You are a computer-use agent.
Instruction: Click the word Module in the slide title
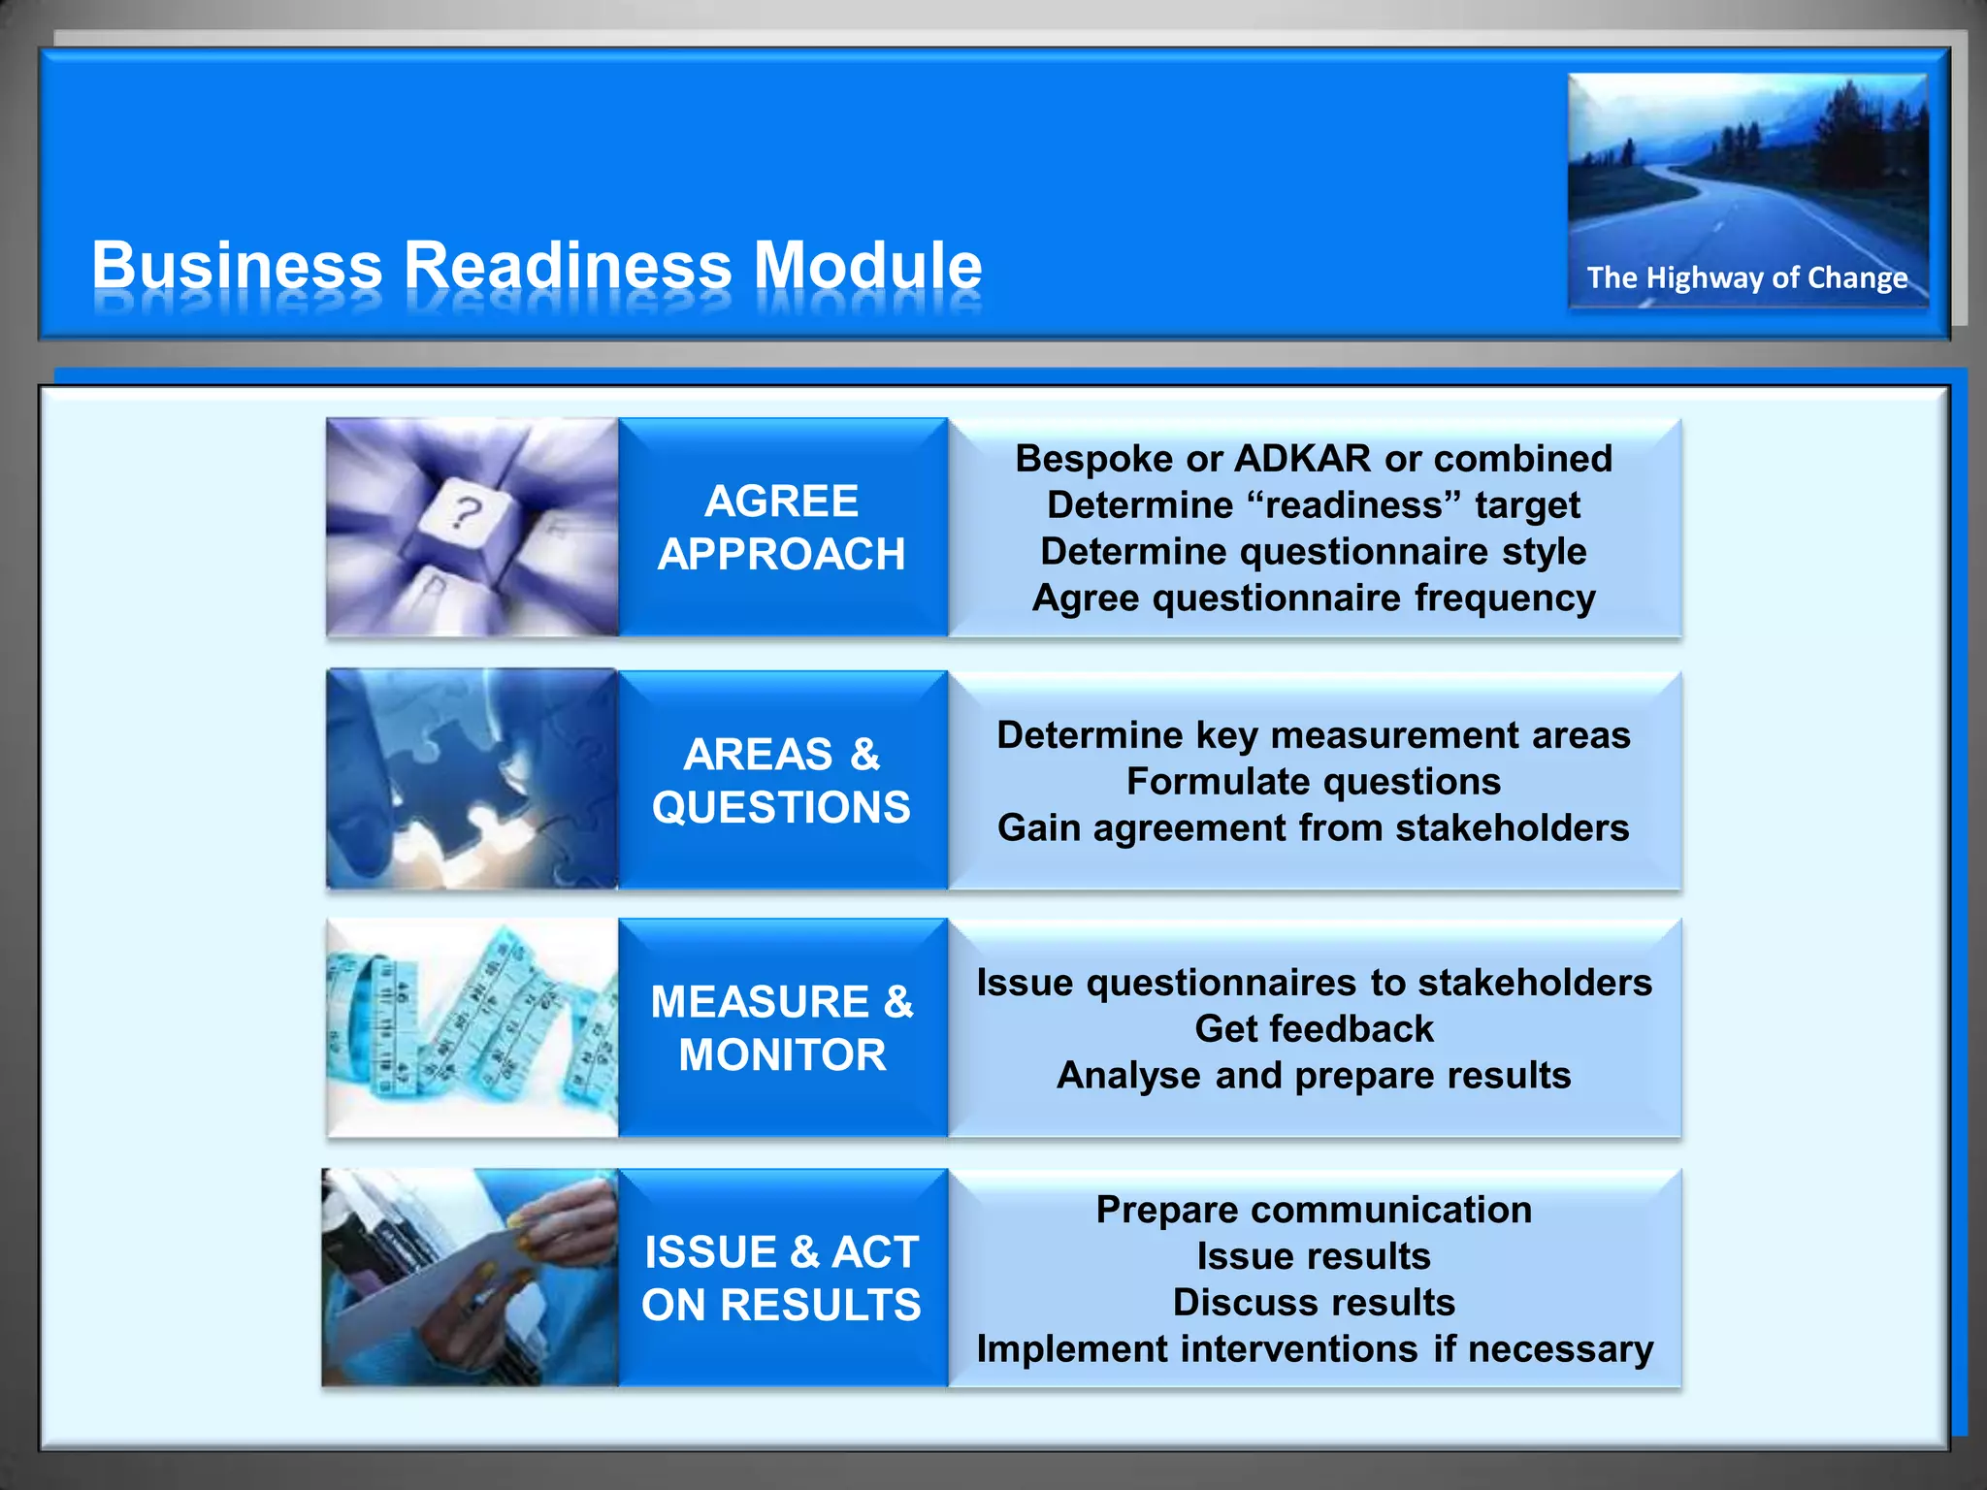867,265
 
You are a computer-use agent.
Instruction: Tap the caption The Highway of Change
1746,278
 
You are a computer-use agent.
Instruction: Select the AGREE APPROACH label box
782,528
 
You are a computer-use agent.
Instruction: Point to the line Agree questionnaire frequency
1314,599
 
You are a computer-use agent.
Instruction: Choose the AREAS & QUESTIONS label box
782,780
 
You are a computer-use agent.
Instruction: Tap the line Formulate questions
1314,782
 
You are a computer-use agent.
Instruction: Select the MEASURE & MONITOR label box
782,1028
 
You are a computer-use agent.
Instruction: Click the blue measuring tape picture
472,1028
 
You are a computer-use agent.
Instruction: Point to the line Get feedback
1314,1029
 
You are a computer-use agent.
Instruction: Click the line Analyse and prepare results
1314,1076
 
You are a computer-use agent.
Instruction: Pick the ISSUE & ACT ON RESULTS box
782,1278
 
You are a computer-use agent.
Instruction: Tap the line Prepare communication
1314,1211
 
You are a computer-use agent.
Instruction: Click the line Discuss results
1314,1303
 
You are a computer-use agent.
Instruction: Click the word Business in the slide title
238,265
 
